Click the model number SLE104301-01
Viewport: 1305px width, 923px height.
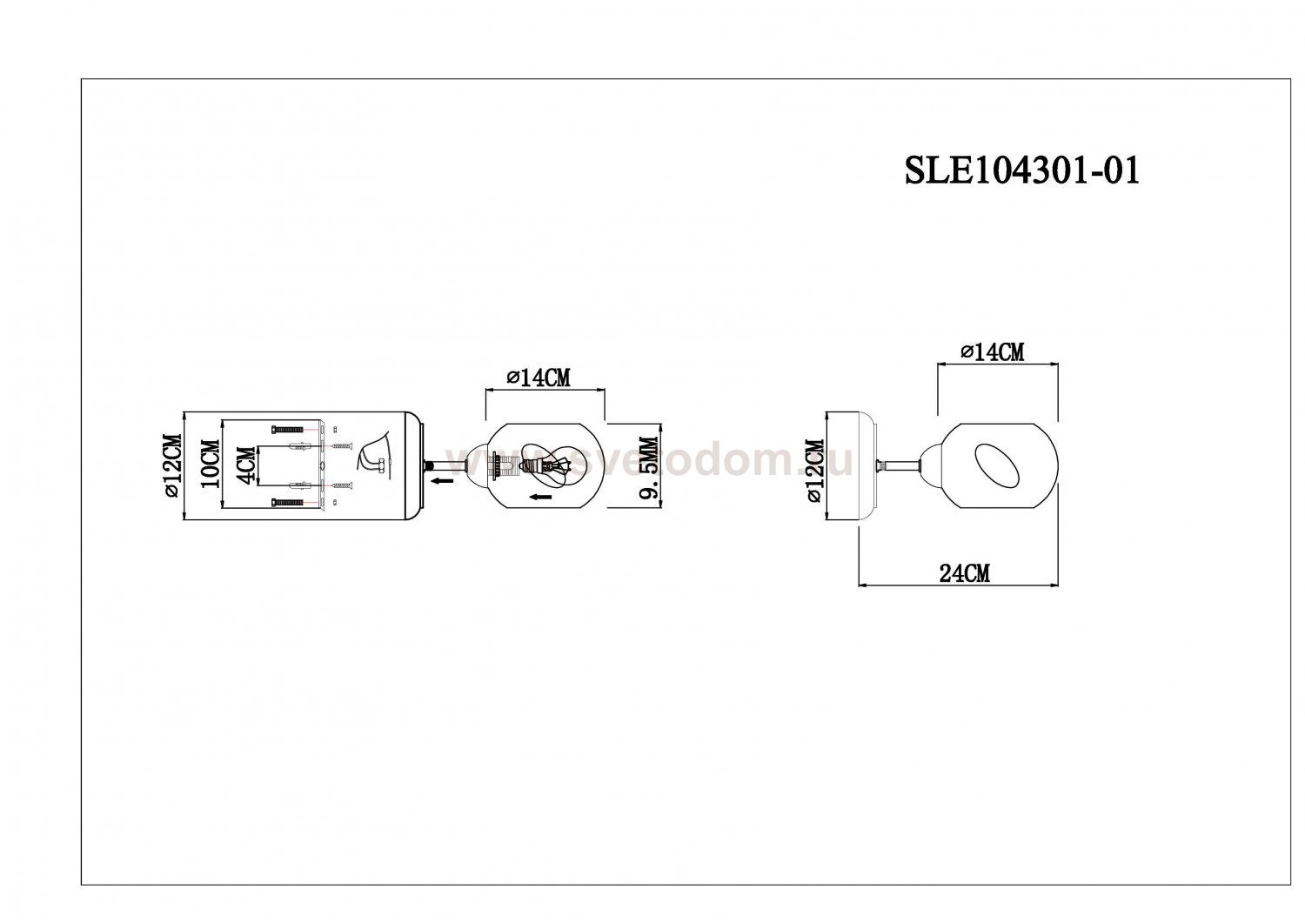point(1021,171)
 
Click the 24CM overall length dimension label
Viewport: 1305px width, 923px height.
point(964,573)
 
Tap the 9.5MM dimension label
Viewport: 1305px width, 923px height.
point(649,468)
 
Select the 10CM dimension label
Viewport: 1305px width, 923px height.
point(211,464)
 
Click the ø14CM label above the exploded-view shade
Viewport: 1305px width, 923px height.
point(539,378)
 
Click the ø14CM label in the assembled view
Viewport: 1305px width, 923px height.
point(992,352)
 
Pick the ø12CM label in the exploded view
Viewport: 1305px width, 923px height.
point(174,465)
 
